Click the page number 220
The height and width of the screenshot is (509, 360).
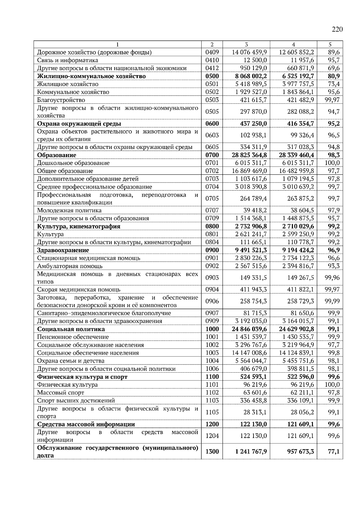tap(337, 29)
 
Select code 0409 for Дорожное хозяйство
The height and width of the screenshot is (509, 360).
tap(212, 52)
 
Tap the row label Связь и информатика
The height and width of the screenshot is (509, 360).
tap(67, 60)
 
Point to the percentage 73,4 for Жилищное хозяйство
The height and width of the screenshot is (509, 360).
tap(333, 84)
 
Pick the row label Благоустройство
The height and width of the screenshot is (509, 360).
tap(61, 100)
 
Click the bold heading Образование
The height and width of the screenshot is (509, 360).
tap(56, 155)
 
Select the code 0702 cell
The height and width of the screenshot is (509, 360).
tap(212, 171)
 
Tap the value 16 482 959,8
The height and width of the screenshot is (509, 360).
tap(296, 171)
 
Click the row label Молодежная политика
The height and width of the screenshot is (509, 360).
tap(69, 210)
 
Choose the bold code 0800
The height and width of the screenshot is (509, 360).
tap(212, 226)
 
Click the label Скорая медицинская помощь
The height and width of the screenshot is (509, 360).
tap(79, 290)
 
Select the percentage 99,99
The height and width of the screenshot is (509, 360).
tap(332, 301)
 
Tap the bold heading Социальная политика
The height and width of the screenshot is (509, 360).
tap(71, 329)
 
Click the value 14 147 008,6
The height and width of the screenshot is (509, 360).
tap(249, 353)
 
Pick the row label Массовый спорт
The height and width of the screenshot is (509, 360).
tap(61, 393)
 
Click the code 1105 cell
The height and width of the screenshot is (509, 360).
tap(212, 412)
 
